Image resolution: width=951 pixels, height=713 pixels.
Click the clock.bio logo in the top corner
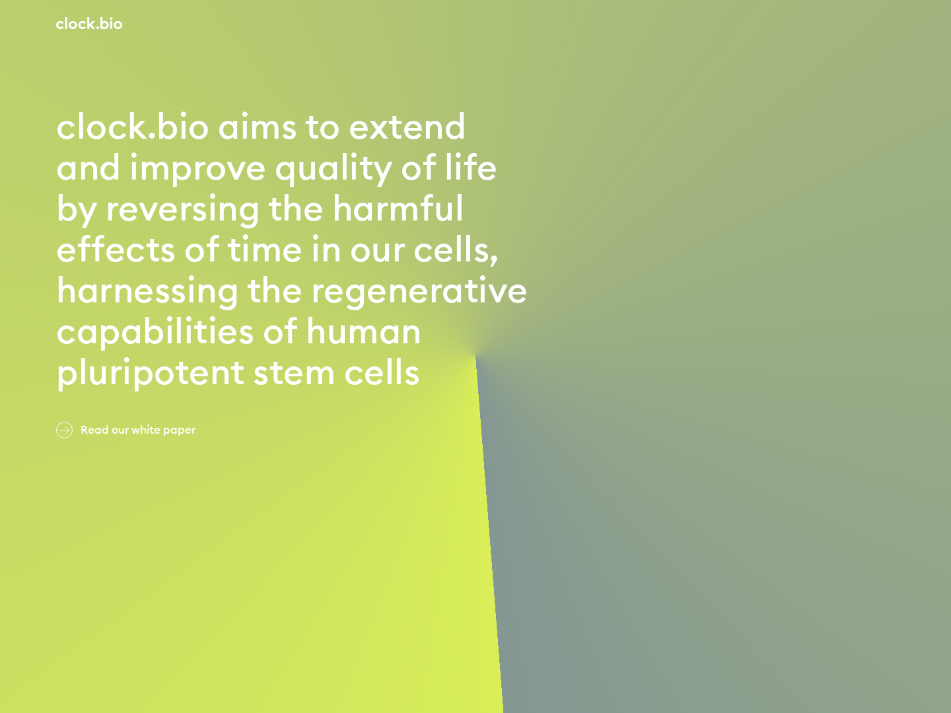pyautogui.click(x=89, y=24)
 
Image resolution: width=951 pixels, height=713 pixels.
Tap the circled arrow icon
pyautogui.click(x=64, y=430)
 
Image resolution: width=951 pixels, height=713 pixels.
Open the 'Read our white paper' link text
pyautogui.click(x=138, y=430)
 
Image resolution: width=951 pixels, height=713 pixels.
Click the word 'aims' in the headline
pyautogui.click(x=257, y=127)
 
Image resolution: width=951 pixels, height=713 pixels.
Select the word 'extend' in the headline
pyautogui.click(x=407, y=127)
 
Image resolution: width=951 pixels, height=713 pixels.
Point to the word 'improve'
pyautogui.click(x=197, y=168)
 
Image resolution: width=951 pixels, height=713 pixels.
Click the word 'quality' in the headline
pyautogui.click(x=334, y=168)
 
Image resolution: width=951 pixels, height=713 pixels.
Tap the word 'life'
pyautogui.click(x=470, y=168)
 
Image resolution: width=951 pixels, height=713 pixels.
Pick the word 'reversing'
pyautogui.click(x=183, y=209)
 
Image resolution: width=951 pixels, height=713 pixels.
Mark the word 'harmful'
pyautogui.click(x=398, y=209)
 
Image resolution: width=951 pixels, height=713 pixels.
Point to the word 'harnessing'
pyautogui.click(x=147, y=291)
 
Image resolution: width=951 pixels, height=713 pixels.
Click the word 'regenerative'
pyautogui.click(x=419, y=291)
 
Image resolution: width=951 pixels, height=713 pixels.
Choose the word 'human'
pyautogui.click(x=363, y=332)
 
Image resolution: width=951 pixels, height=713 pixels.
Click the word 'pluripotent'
pyautogui.click(x=151, y=374)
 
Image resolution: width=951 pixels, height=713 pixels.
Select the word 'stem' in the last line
pyautogui.click(x=294, y=374)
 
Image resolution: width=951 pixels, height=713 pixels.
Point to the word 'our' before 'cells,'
pyautogui.click(x=377, y=250)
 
